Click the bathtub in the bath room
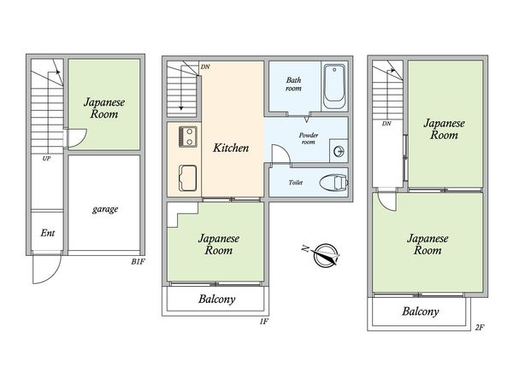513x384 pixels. pyautogui.click(x=334, y=86)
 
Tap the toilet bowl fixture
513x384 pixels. pyautogui.click(x=333, y=183)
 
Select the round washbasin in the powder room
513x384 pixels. pyautogui.click(x=339, y=152)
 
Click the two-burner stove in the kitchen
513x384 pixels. pyautogui.click(x=188, y=137)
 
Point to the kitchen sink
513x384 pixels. pyautogui.click(x=188, y=178)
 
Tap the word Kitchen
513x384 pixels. pyautogui.click(x=231, y=148)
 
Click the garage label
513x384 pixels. pyautogui.click(x=105, y=209)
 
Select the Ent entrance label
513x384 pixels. pyautogui.click(x=48, y=233)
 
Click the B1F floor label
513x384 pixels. pyautogui.click(x=138, y=262)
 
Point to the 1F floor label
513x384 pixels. pyautogui.click(x=264, y=322)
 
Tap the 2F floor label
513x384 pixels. pyautogui.click(x=480, y=327)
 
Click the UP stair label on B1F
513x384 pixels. pyautogui.click(x=46, y=159)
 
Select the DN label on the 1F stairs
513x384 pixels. pyautogui.click(x=205, y=67)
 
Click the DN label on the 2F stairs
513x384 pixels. pyautogui.click(x=386, y=124)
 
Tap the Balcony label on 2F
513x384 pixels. pyautogui.click(x=421, y=311)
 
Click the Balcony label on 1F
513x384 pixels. pyautogui.click(x=216, y=300)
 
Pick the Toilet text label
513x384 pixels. pyautogui.click(x=296, y=183)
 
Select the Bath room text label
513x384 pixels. pyautogui.click(x=293, y=84)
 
